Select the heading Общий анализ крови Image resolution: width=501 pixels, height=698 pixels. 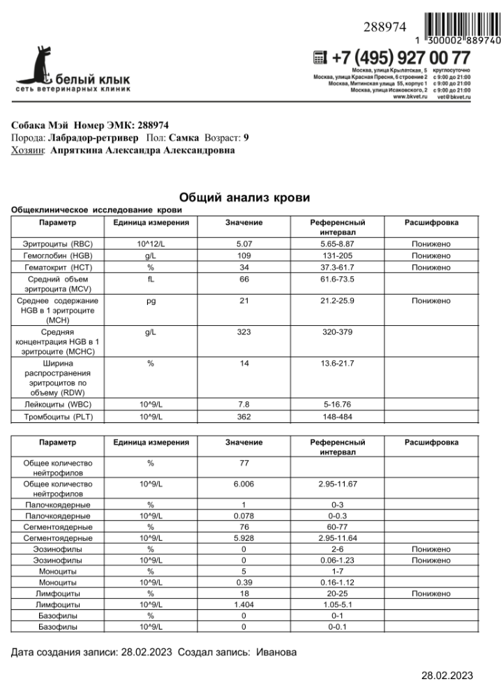[x=245, y=198]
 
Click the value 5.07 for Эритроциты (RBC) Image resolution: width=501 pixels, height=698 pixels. [x=244, y=244]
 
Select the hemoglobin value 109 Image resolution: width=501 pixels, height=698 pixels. [x=244, y=255]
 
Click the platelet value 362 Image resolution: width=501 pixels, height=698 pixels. [x=244, y=417]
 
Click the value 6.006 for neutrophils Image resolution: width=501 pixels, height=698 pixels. [x=244, y=483]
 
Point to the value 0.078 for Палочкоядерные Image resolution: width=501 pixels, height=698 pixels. [x=244, y=516]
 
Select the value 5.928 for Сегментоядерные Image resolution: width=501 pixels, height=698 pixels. [x=244, y=538]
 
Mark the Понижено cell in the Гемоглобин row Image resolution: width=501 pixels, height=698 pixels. [x=431, y=255]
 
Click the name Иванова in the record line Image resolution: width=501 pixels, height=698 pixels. [x=276, y=652]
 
